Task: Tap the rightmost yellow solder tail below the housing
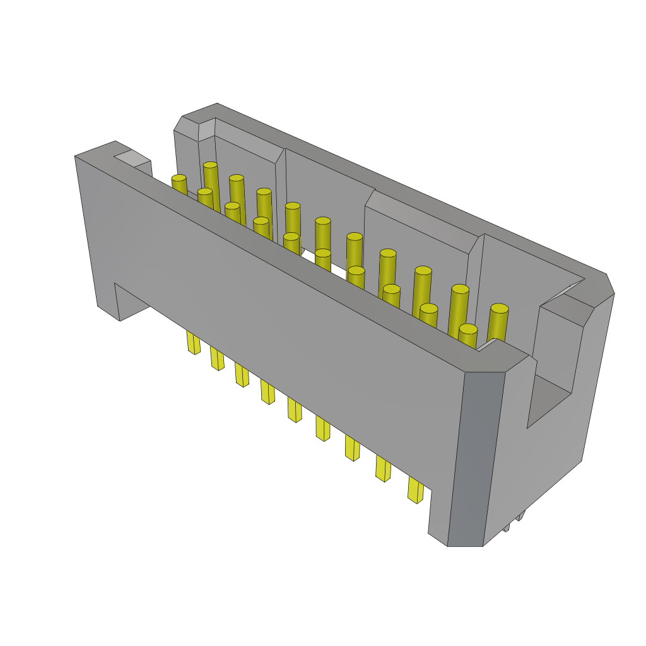click(x=414, y=490)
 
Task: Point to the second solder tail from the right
click(x=382, y=469)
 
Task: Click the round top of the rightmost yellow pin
click(x=499, y=308)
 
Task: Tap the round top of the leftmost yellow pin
click(x=179, y=179)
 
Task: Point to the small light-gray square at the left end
click(x=132, y=158)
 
